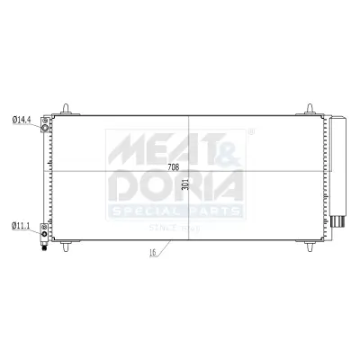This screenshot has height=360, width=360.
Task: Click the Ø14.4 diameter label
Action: click(x=22, y=119)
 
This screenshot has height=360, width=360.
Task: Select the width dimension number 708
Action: click(x=174, y=168)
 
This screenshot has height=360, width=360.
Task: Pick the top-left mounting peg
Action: click(x=66, y=109)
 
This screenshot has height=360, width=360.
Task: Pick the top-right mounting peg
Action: click(x=309, y=109)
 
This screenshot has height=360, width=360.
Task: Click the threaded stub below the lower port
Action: click(x=44, y=246)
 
